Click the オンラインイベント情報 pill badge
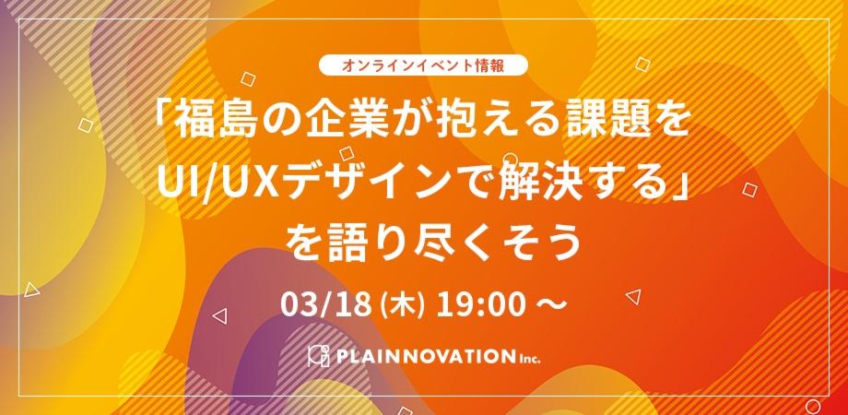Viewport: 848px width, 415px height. (424, 66)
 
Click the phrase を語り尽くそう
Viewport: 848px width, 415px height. (424, 239)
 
